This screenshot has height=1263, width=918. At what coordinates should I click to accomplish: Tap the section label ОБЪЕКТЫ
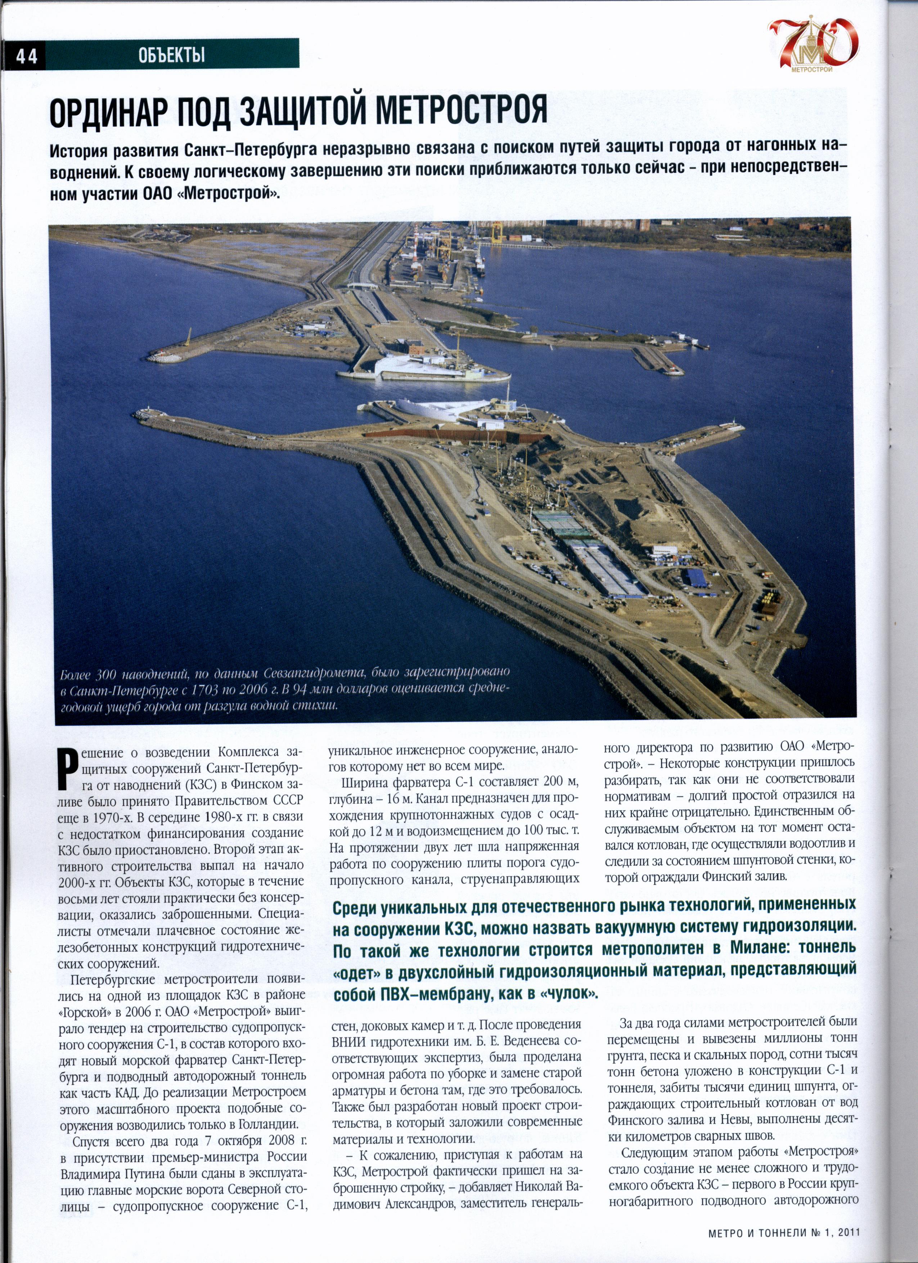[171, 55]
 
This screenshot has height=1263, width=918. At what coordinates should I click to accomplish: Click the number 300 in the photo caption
[105, 676]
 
